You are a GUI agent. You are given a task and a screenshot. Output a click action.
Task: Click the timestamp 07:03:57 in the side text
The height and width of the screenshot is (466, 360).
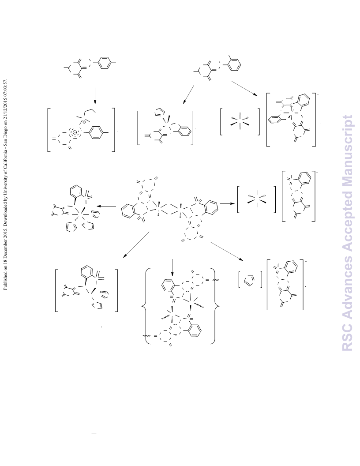pos(5,88)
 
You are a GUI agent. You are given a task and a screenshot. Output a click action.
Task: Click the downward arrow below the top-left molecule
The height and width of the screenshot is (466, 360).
pos(95,96)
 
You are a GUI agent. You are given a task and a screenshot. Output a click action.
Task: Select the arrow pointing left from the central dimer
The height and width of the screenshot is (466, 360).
pos(106,206)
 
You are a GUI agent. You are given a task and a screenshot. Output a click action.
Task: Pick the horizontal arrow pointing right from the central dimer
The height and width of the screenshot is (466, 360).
pos(227,203)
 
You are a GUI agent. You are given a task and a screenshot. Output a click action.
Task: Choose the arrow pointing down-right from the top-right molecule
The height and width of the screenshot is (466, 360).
pos(244,88)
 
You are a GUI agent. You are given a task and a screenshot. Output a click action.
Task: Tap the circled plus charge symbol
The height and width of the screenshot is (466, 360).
pos(84,122)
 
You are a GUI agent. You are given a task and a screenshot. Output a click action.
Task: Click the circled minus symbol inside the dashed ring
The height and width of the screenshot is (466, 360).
pos(75,132)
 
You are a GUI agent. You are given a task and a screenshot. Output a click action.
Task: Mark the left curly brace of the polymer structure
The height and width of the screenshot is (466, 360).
pos(145,306)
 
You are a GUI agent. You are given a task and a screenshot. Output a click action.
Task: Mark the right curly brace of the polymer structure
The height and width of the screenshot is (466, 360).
pos(216,306)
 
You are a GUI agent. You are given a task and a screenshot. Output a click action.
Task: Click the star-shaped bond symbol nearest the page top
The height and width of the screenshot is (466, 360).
pos(240,120)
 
